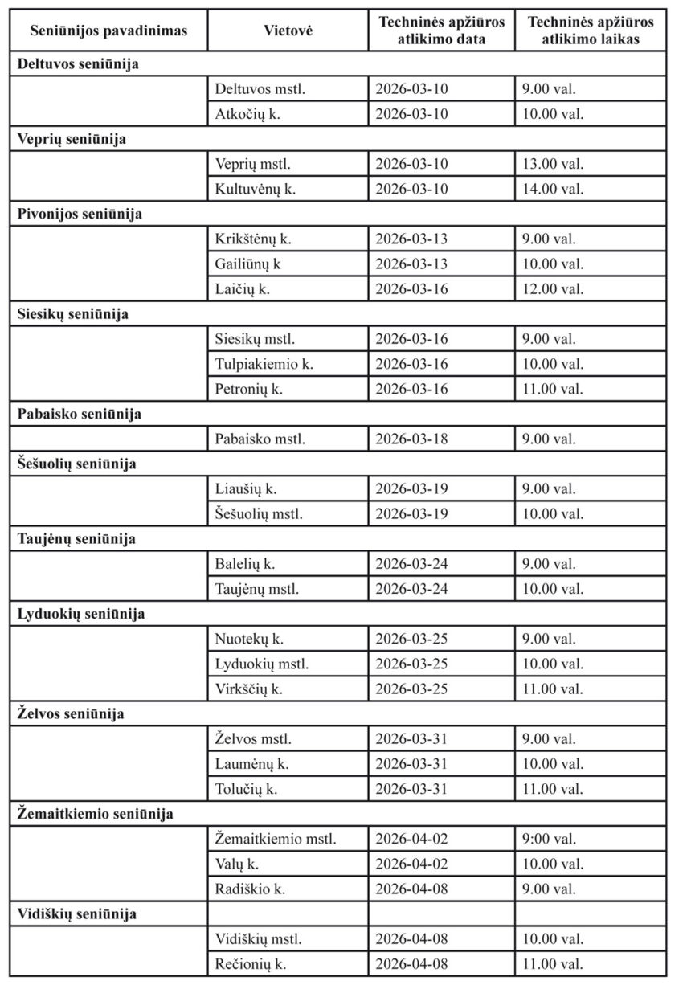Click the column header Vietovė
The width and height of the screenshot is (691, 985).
click(288, 31)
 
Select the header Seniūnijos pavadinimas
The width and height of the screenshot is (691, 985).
click(108, 31)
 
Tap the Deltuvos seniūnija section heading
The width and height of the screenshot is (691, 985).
click(79, 64)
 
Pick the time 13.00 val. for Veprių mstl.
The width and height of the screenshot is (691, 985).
click(552, 164)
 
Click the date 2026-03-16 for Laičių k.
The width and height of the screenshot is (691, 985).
click(411, 289)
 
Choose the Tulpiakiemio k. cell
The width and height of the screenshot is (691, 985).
click(264, 364)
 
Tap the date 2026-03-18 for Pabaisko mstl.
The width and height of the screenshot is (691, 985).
click(411, 439)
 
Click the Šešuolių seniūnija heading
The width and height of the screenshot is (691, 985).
click(77, 464)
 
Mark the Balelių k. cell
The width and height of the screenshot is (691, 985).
click(245, 564)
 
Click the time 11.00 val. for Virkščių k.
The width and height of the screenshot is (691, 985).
click(552, 689)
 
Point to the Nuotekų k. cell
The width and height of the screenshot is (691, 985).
click(249, 640)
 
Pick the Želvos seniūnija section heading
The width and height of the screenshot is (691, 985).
click(72, 714)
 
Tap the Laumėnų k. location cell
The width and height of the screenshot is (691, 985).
click(251, 764)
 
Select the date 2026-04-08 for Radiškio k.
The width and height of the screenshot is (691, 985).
click(411, 889)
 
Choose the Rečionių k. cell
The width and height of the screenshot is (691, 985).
click(251, 964)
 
